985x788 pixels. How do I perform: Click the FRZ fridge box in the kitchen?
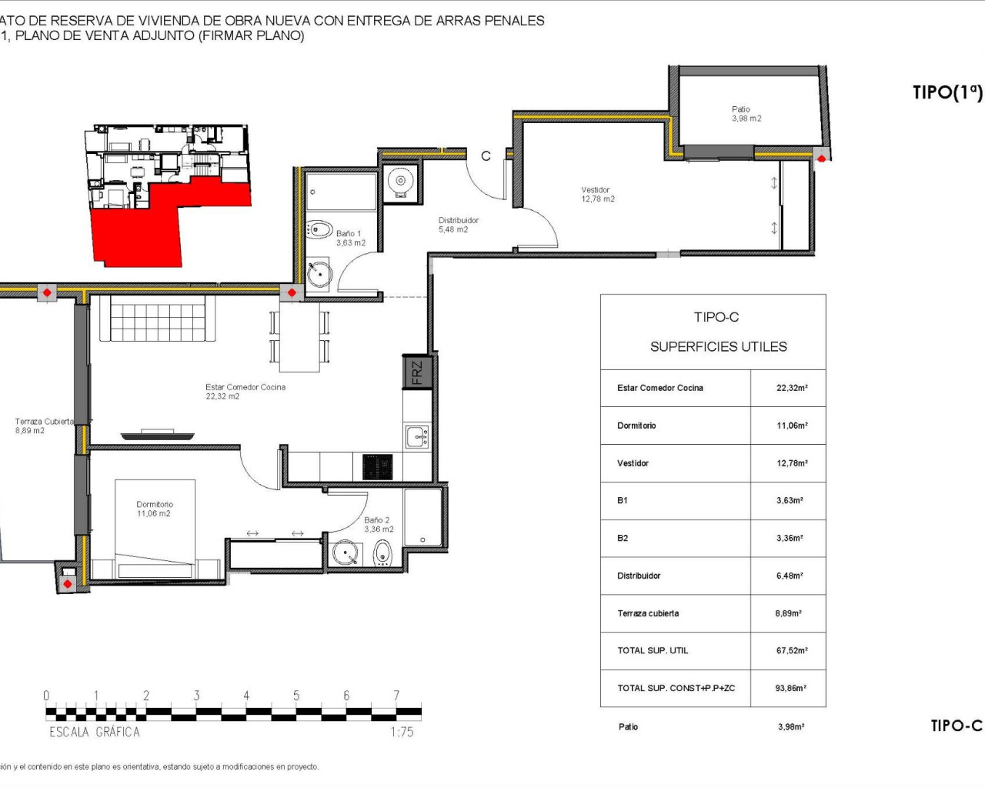tap(416, 372)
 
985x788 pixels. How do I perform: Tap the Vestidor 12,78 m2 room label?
tap(597, 195)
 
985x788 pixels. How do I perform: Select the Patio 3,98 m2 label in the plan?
tap(746, 114)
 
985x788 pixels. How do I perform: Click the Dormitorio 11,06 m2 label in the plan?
tap(154, 509)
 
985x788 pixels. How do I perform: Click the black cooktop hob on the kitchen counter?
tap(377, 467)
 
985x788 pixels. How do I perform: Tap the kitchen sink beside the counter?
tap(417, 437)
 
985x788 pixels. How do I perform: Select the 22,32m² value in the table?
tap(791, 389)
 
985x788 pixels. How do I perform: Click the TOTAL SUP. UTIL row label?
tap(653, 651)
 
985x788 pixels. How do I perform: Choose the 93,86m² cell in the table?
tap(790, 689)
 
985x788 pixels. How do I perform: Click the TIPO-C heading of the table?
tap(716, 317)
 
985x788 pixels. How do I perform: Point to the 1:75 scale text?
tap(402, 732)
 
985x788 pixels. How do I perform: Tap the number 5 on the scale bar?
tap(296, 696)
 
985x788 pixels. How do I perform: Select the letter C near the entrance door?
tap(486, 156)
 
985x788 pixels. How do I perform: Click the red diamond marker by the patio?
tap(821, 159)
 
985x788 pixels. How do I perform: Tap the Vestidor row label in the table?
tap(633, 463)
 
